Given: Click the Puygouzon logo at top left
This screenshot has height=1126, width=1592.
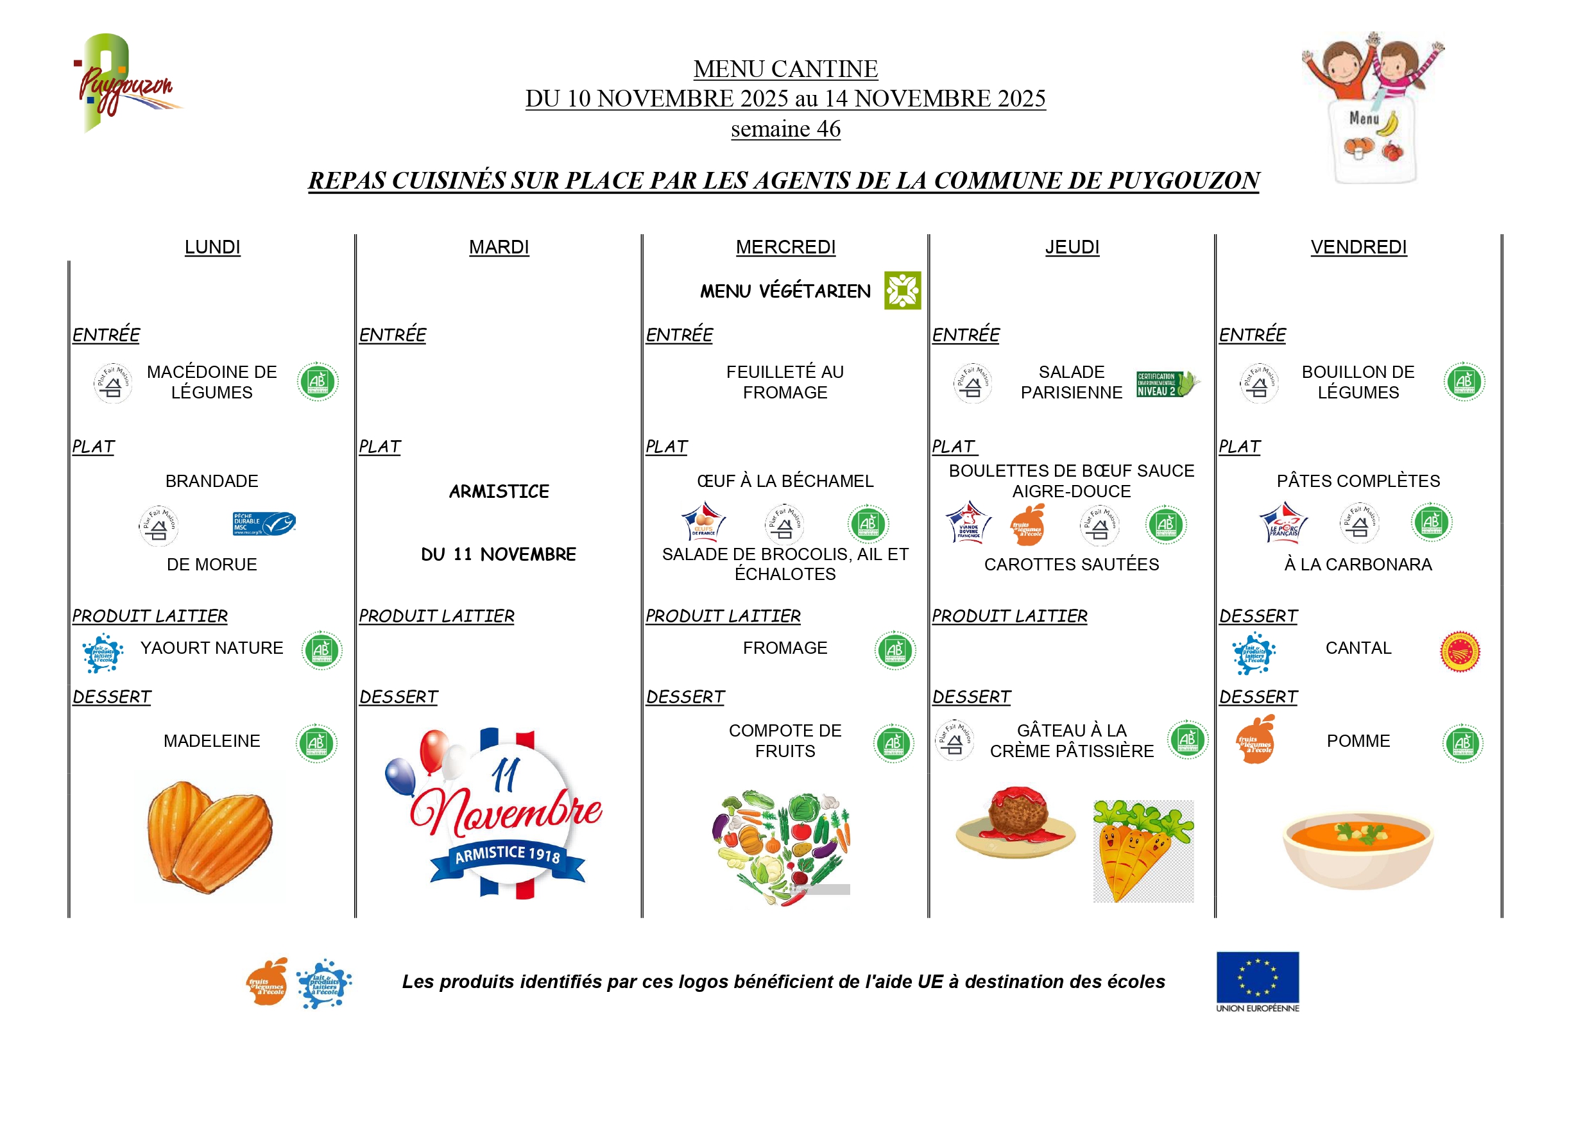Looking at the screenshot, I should (x=125, y=83).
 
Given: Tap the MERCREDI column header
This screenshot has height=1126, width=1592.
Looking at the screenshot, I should (x=785, y=248).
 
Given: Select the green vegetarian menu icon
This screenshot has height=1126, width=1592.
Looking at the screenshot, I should (x=902, y=291).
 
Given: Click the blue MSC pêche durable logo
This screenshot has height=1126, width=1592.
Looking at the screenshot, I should (x=264, y=524).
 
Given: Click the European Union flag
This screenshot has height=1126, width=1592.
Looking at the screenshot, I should (x=1257, y=977).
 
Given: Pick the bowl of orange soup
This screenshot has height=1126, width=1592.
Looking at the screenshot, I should (x=1357, y=850).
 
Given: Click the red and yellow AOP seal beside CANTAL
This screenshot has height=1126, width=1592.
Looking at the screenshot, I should (x=1460, y=652).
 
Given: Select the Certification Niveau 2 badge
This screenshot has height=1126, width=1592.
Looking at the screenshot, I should (x=1167, y=384).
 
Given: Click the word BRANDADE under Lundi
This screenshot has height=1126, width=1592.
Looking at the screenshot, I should (x=212, y=481).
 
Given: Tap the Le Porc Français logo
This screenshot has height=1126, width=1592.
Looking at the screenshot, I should (x=1283, y=524).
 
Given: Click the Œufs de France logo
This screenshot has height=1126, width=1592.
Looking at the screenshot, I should (x=703, y=523).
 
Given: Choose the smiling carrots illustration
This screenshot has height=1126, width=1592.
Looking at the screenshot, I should (x=1142, y=851).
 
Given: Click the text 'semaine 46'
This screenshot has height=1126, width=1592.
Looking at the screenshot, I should (x=785, y=129).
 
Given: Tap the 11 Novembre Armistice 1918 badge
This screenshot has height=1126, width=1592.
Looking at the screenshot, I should (x=501, y=815).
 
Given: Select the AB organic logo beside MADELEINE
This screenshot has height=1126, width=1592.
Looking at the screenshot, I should (x=316, y=743).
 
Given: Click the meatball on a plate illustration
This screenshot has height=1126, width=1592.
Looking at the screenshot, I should (x=1016, y=823).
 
